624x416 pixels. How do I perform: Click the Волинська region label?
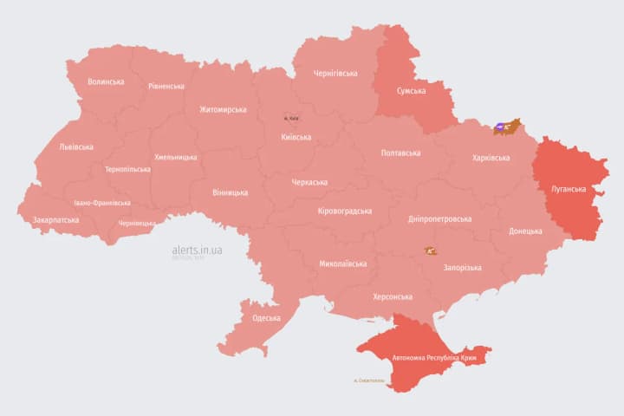106,82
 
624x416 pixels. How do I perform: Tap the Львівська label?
76,147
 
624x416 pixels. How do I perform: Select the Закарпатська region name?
55,220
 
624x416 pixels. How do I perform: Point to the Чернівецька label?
137,224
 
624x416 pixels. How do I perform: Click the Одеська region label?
266,318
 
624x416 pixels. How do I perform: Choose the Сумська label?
411,90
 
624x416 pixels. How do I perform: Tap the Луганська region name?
569,189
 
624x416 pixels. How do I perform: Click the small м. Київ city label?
291,118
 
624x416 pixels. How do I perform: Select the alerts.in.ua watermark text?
198,250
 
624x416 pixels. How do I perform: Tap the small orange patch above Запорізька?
431,250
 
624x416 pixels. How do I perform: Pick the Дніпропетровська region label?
440,219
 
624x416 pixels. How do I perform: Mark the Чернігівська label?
335,74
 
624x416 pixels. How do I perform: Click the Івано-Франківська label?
102,203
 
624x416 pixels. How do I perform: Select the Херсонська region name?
392,296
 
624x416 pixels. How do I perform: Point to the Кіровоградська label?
345,211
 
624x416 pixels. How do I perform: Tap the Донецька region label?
525,231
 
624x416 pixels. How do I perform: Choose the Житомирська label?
223,110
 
